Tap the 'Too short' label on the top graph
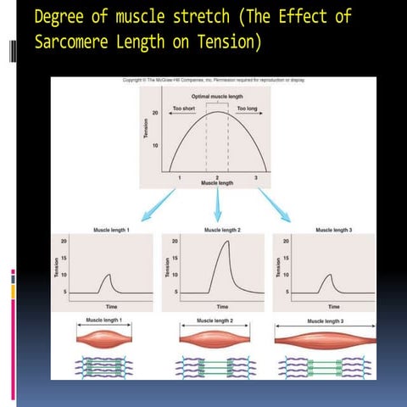(184, 109)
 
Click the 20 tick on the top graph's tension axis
(156, 113)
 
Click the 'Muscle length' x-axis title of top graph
(217, 182)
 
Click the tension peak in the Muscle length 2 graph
(226, 243)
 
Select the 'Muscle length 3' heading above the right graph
(332, 230)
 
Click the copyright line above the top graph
(213, 80)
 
